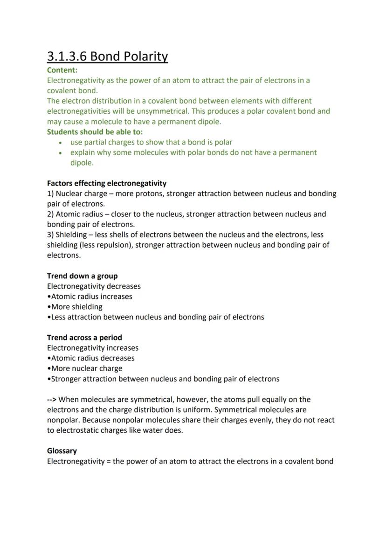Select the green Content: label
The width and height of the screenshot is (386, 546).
point(62,70)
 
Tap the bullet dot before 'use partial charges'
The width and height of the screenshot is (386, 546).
point(61,142)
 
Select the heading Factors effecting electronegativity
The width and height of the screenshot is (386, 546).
point(106,183)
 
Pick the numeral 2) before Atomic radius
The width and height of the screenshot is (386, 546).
point(50,214)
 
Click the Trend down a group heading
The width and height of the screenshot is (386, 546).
point(82,276)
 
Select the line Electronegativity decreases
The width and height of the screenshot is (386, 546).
point(94,286)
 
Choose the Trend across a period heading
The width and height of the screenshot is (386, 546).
point(84,337)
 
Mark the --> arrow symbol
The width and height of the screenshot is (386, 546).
point(52,399)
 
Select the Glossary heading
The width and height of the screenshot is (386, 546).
point(62,451)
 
